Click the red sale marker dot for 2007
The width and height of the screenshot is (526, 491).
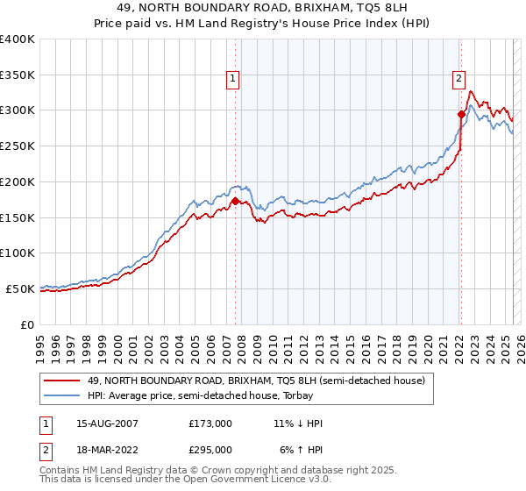click(x=235, y=201)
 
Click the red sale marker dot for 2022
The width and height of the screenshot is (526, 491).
click(x=461, y=113)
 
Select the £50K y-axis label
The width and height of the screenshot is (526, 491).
click(x=20, y=288)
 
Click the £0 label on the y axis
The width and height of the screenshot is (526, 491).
click(x=27, y=324)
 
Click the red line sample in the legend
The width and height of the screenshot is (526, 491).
click(x=63, y=381)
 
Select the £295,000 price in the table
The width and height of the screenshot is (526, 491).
click(x=210, y=449)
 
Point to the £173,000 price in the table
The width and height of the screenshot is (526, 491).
click(x=210, y=423)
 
